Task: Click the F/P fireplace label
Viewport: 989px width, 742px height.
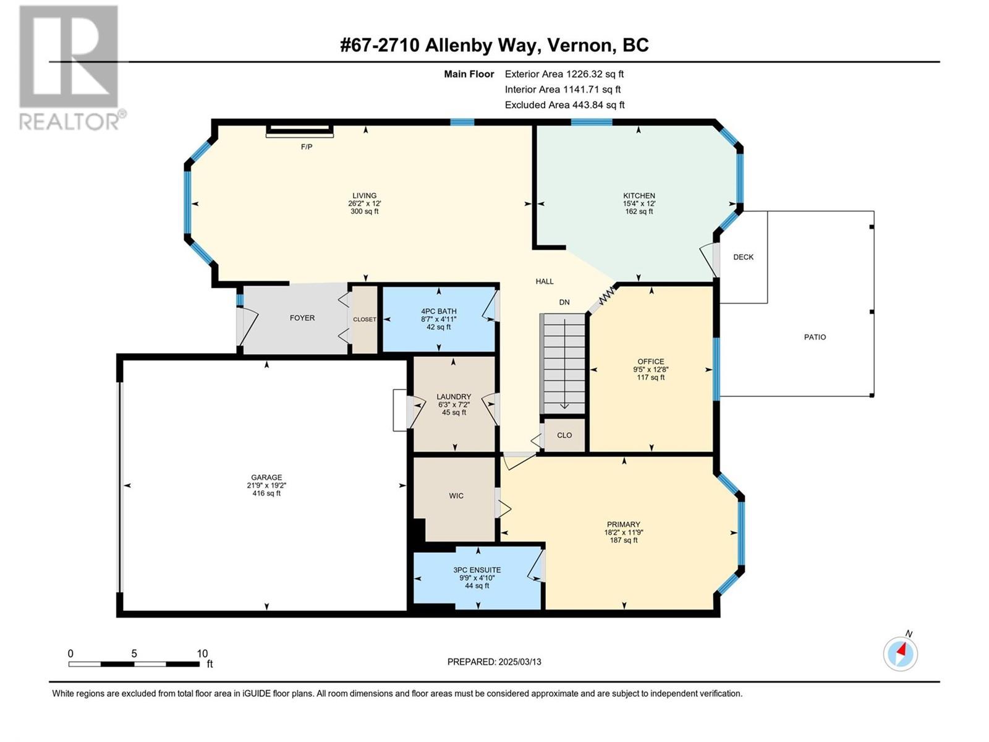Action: click(307, 147)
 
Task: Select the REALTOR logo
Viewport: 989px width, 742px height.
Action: click(72, 68)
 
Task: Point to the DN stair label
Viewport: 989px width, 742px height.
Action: click(564, 302)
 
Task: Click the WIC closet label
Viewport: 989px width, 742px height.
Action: click(456, 495)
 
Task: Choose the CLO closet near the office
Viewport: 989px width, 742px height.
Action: click(564, 435)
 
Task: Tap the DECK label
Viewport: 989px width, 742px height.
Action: click(743, 257)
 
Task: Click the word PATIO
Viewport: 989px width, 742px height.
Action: click(815, 337)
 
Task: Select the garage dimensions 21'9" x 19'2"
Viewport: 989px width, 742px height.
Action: click(266, 485)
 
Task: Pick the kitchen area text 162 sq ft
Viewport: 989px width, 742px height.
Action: click(639, 211)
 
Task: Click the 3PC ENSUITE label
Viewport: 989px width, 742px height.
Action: click(477, 570)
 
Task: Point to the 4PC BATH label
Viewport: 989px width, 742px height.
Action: click(438, 311)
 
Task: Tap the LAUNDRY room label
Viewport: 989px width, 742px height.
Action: click(454, 397)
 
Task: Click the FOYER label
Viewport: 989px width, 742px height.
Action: click(302, 318)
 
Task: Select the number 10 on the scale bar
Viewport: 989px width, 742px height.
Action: click(202, 653)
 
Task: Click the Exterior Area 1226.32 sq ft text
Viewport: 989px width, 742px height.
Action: click(564, 74)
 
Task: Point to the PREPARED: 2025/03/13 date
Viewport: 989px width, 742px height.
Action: click(494, 662)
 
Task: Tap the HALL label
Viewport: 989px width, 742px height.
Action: click(545, 281)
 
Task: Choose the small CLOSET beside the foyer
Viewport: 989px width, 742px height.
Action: click(364, 319)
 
